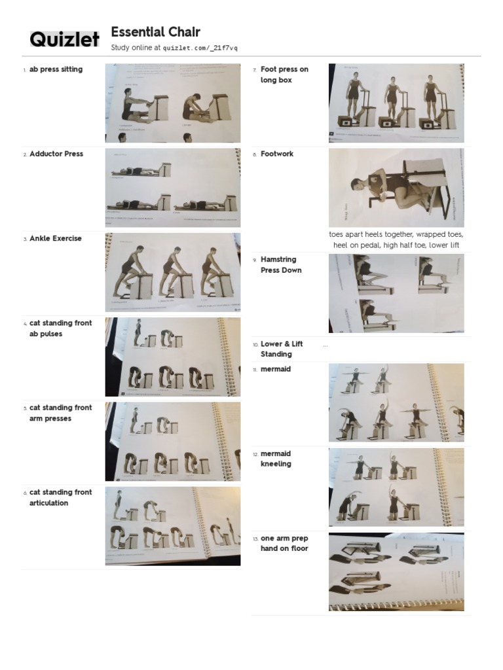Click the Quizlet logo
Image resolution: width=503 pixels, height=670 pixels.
click(x=64, y=40)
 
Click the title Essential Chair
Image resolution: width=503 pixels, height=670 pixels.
click(x=155, y=32)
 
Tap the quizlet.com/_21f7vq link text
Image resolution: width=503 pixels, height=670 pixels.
click(x=200, y=48)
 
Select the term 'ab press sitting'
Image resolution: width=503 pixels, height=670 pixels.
click(x=56, y=69)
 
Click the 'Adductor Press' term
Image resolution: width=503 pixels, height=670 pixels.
click(x=56, y=154)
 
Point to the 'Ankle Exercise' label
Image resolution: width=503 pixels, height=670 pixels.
click(x=56, y=238)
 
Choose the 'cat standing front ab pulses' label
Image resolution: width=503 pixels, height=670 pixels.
click(x=60, y=328)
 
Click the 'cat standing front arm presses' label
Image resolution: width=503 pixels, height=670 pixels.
click(x=60, y=413)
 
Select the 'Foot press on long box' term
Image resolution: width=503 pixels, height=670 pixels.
click(x=284, y=75)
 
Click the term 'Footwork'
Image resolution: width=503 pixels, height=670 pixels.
click(x=277, y=154)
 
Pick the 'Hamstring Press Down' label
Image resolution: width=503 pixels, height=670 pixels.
click(x=281, y=264)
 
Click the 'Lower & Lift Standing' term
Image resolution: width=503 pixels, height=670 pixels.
click(x=282, y=349)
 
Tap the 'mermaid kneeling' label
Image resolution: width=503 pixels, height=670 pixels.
click(x=276, y=459)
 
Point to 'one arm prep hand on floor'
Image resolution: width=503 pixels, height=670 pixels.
click(x=284, y=543)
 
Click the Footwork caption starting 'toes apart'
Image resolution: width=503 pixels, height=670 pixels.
click(x=396, y=239)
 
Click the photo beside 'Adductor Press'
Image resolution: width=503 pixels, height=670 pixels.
click(x=172, y=188)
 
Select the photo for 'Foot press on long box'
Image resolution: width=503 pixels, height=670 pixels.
click(x=396, y=103)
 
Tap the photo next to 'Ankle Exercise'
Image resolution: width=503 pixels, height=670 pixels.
click(x=172, y=272)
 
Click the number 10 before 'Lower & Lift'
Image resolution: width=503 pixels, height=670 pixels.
click(x=255, y=344)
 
